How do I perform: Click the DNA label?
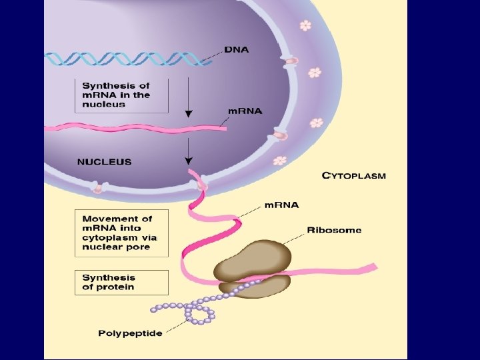coord(237,50)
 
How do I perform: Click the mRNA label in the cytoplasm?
coord(281,205)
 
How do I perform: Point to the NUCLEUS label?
coord(105,161)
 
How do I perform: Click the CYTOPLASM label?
coord(353,176)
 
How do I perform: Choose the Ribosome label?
coord(334,230)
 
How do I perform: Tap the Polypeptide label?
coord(130,333)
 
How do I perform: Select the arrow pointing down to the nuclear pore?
coord(189,151)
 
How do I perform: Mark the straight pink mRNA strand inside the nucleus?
coord(133,127)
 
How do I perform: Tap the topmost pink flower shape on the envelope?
coord(305,25)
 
